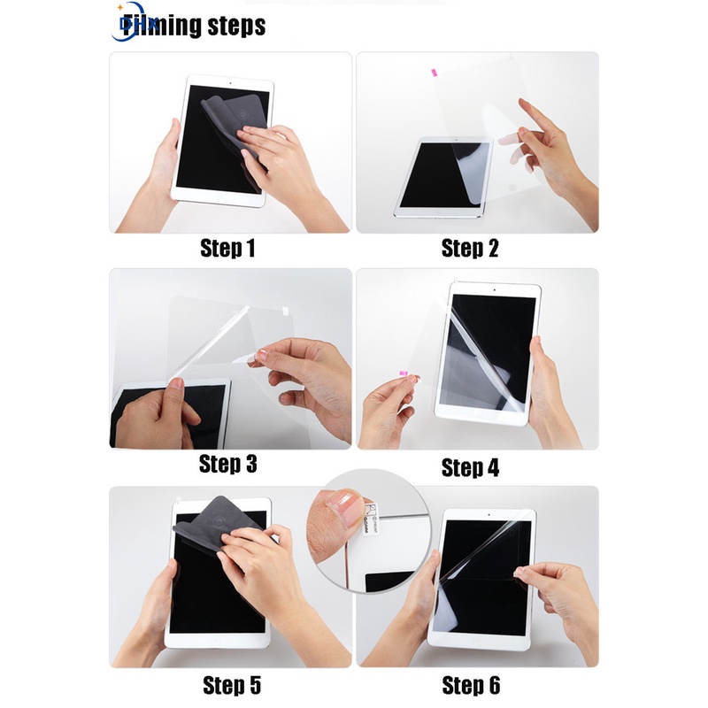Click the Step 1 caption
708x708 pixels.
227,249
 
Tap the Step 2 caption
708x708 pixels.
470,249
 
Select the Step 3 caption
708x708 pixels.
227,463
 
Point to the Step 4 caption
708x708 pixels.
470,466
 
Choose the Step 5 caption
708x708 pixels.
231,685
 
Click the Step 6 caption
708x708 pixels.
470,685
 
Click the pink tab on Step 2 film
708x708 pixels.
434,68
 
